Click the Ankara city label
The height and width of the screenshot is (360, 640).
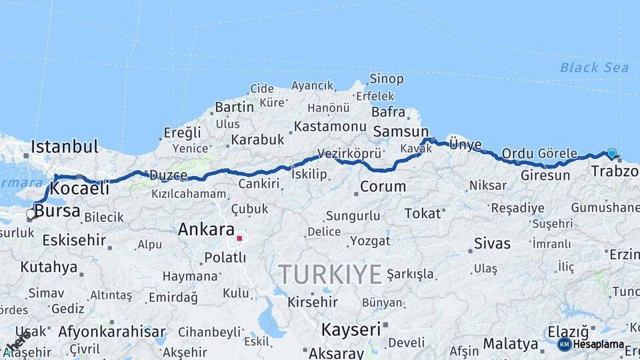[205, 230]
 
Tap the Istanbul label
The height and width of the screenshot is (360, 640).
[65, 146]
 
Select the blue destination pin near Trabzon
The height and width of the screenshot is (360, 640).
[611, 153]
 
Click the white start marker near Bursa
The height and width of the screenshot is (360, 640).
[31, 214]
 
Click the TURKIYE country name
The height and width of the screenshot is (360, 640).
[330, 274]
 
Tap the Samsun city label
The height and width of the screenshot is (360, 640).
[401, 132]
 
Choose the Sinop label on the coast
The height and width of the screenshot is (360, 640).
[386, 79]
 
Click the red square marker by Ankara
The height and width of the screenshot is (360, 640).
[239, 238]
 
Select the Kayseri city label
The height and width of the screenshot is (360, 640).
[351, 329]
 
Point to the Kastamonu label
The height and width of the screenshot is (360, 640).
[330, 126]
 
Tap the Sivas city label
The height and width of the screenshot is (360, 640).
[492, 243]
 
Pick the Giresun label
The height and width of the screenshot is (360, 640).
[545, 176]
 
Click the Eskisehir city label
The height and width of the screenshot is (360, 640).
[74, 240]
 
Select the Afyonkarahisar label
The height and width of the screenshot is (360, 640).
[111, 331]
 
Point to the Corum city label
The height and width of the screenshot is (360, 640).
[383, 187]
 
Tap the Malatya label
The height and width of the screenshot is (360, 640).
[511, 344]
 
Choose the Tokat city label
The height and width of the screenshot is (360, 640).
[423, 213]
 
